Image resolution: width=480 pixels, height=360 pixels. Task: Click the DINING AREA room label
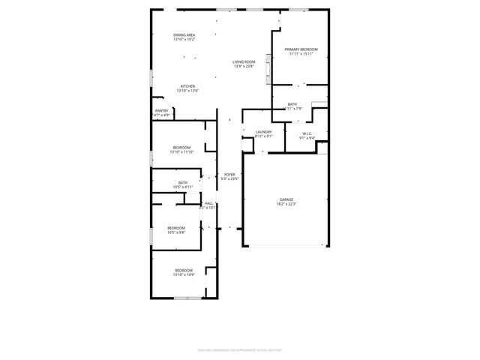pyautogui.click(x=184, y=35)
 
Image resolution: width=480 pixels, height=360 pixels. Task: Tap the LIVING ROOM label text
pyautogui.click(x=243, y=61)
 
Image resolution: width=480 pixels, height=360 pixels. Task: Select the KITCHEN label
pyautogui.click(x=187, y=86)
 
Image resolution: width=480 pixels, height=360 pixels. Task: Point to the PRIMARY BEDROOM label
pyautogui.click(x=301, y=49)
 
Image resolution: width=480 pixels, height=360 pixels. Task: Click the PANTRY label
pyautogui.click(x=161, y=110)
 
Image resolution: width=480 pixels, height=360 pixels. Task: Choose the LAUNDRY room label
pyautogui.click(x=263, y=132)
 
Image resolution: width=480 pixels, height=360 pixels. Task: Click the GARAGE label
pyautogui.click(x=286, y=199)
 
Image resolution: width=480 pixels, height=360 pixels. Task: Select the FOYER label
pyautogui.click(x=229, y=174)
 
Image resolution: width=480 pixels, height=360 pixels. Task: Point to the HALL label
pyautogui.click(x=209, y=202)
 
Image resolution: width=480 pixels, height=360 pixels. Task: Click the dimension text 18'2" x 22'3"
pyautogui.click(x=286, y=203)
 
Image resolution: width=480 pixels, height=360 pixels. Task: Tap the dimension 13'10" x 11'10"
pyautogui.click(x=183, y=152)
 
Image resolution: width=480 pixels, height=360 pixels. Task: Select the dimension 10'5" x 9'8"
pyautogui.click(x=175, y=232)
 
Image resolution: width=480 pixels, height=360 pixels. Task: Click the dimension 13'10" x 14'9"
pyautogui.click(x=184, y=274)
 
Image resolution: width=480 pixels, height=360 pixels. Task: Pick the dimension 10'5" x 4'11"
pyautogui.click(x=183, y=187)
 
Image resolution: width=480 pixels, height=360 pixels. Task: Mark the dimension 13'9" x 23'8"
pyautogui.click(x=243, y=66)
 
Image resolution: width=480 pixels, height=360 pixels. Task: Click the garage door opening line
pyautogui.click(x=286, y=245)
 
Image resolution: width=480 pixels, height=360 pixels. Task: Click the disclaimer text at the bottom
pyautogui.click(x=239, y=348)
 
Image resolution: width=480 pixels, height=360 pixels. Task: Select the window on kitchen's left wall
pyautogui.click(x=151, y=77)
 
